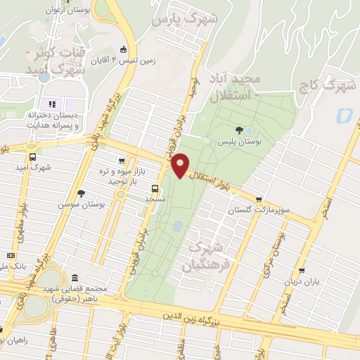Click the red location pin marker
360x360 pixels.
(181, 165)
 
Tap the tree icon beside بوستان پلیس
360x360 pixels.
(240, 130)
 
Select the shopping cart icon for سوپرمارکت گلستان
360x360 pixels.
(259, 200)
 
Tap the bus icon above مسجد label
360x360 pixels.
(155, 188)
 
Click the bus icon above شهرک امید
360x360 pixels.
(32, 157)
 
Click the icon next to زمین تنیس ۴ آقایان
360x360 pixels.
(124, 49)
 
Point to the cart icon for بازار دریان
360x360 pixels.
(302, 271)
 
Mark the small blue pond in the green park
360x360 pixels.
(177, 226)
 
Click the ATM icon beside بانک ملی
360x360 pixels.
(11, 255)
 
